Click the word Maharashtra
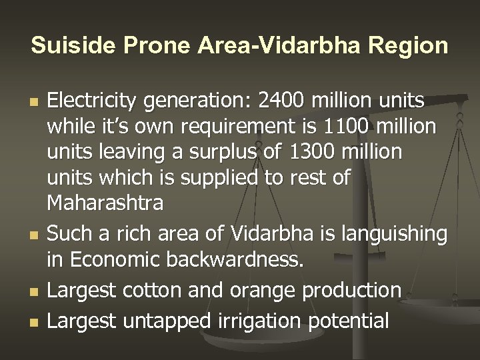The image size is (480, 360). click(x=104, y=203)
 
